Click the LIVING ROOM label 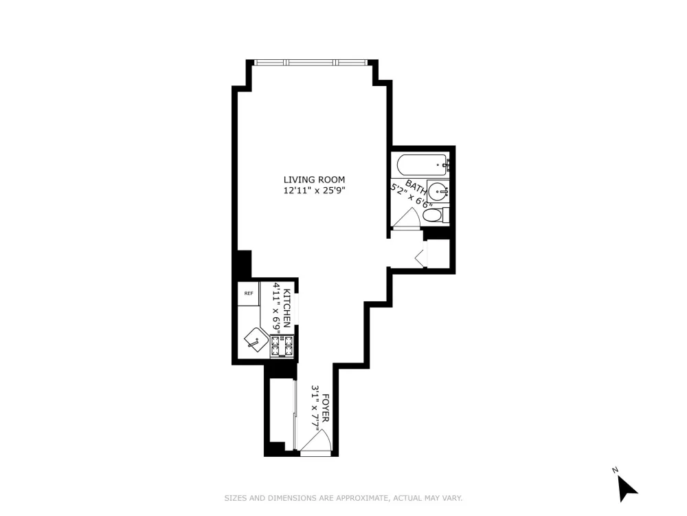pyautogui.click(x=314, y=180)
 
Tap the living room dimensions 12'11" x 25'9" pyautogui.click(x=314, y=191)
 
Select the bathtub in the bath pyautogui.click(x=422, y=165)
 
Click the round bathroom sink pyautogui.click(x=438, y=192)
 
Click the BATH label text pyautogui.click(x=416, y=187)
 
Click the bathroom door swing pyautogui.click(x=407, y=218)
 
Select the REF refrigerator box pyautogui.click(x=249, y=294)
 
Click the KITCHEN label pyautogui.click(x=287, y=308)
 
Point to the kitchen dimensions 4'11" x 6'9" pyautogui.click(x=277, y=308)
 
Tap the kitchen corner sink pyautogui.click(x=256, y=340)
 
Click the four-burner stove pyautogui.click(x=282, y=346)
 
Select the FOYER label pyautogui.click(x=326, y=408)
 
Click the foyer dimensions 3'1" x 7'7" pyautogui.click(x=315, y=408)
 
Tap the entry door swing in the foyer pyautogui.click(x=316, y=440)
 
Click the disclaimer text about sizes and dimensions pyautogui.click(x=343, y=498)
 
